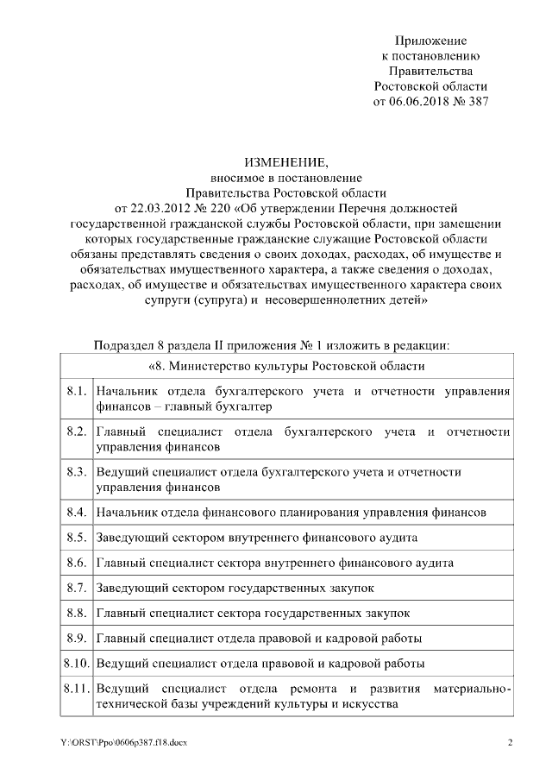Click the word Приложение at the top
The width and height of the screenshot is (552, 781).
[430, 41]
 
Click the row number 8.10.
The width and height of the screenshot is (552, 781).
[77, 663]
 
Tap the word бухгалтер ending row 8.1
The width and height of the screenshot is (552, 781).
[242, 407]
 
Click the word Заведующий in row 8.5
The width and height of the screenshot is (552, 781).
[130, 537]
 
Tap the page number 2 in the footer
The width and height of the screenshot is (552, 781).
[509, 742]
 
